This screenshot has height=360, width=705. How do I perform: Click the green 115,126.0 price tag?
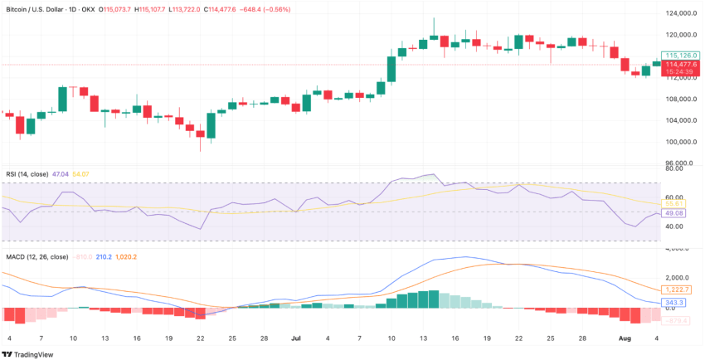click(x=678, y=55)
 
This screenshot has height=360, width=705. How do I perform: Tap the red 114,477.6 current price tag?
click(x=678, y=64)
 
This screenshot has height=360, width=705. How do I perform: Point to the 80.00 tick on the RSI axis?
click(x=674, y=168)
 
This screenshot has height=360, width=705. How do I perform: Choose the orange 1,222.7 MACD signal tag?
click(x=676, y=289)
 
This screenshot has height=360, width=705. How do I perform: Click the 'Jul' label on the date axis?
click(x=296, y=338)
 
